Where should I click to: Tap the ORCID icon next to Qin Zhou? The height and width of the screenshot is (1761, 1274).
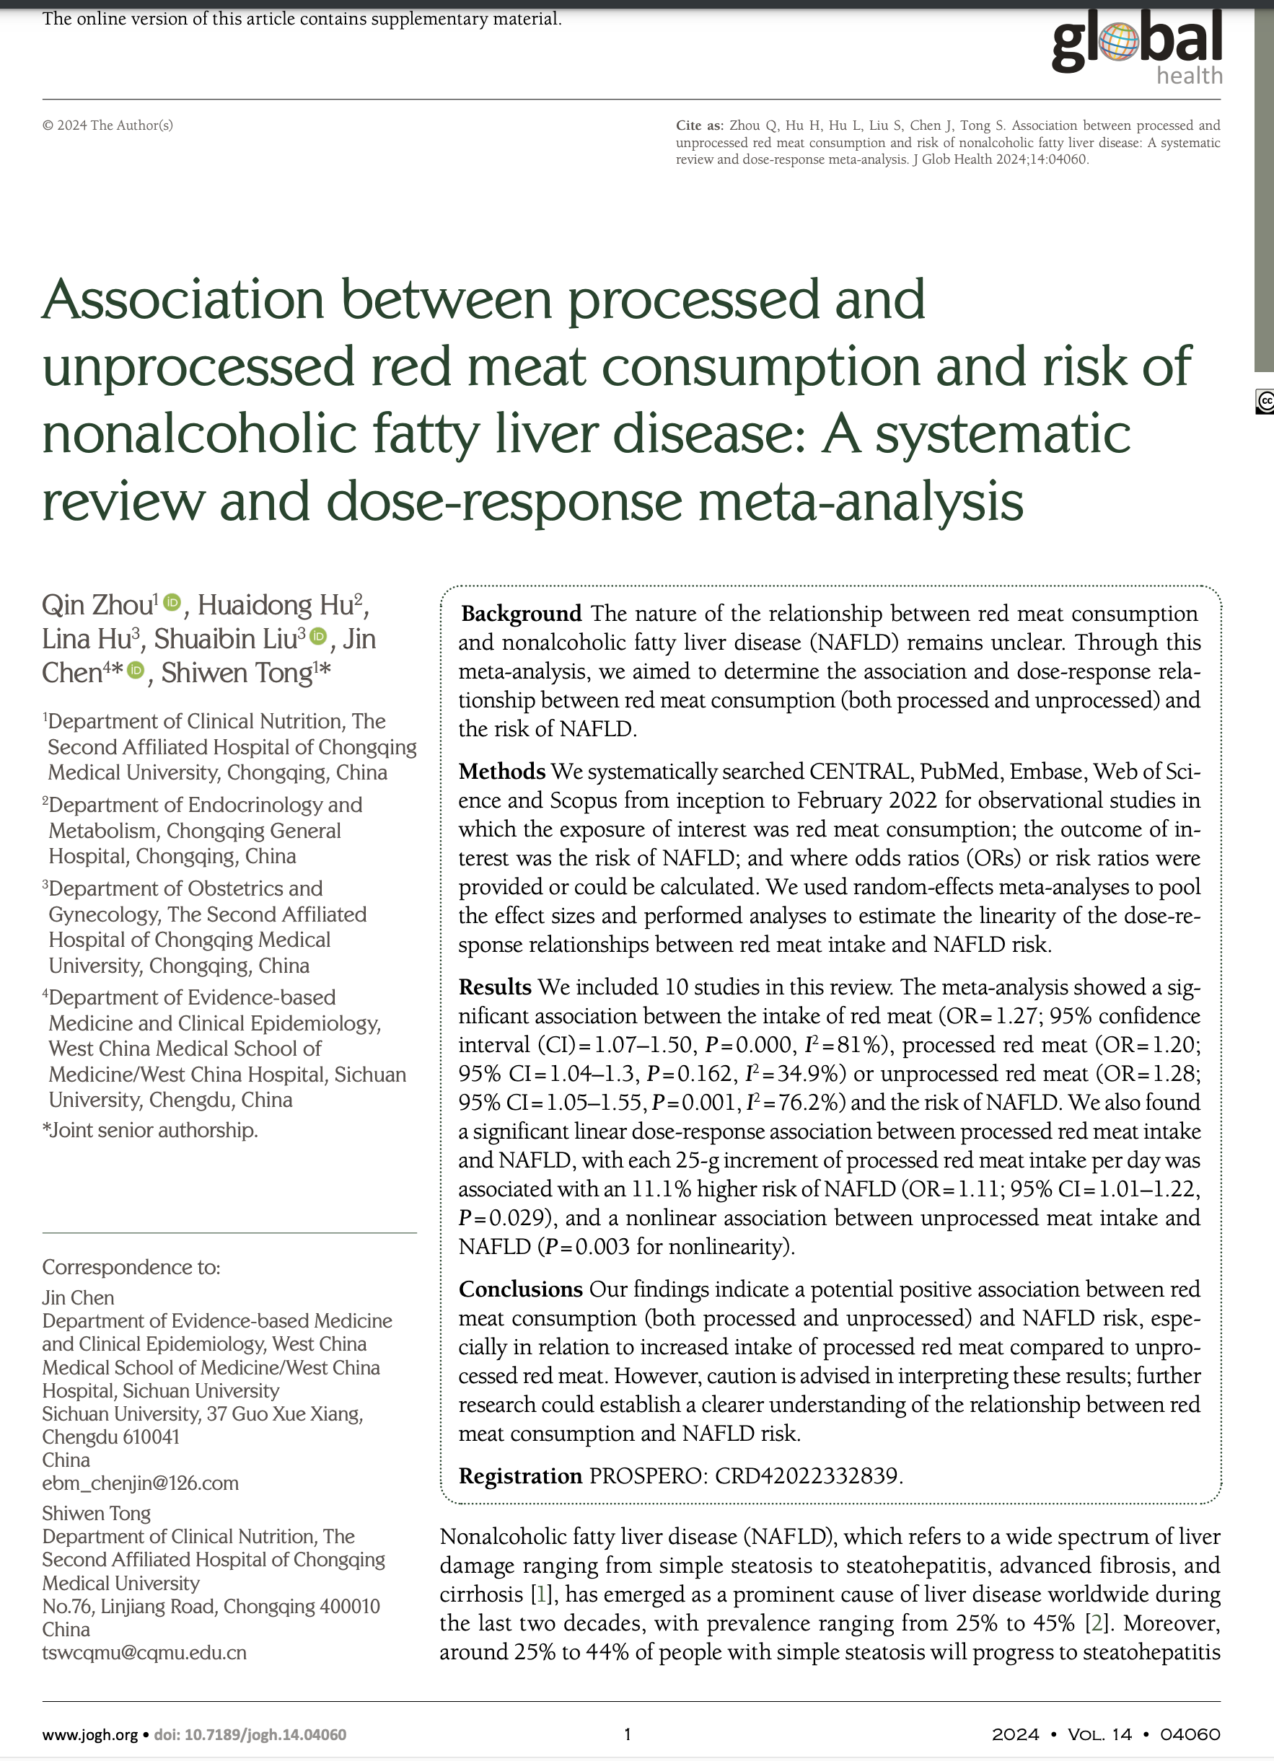[172, 603]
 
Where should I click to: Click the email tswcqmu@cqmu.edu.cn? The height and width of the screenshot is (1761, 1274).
[144, 1652]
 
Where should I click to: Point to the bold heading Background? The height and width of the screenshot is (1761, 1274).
[522, 614]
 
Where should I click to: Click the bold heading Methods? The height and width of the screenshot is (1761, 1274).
[502, 771]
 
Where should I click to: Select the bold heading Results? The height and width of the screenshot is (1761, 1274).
[495, 987]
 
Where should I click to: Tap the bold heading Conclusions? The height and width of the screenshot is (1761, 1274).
[520, 1289]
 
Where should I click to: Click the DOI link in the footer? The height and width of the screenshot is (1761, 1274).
[250, 1734]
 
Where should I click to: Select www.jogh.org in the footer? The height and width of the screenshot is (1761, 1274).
[89, 1734]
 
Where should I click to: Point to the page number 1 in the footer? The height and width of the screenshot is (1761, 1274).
[628, 1734]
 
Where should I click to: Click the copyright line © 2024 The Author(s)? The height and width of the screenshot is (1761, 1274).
[107, 125]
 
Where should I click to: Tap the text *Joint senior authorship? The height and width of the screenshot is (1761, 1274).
[150, 1130]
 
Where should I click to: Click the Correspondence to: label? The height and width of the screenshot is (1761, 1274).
[131, 1267]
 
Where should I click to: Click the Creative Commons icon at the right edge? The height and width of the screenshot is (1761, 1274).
[1265, 402]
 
